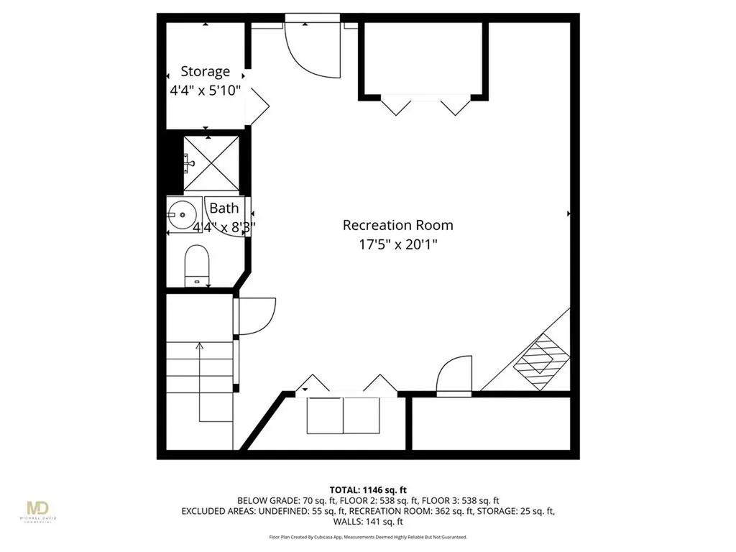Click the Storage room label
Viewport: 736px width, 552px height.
tap(205, 71)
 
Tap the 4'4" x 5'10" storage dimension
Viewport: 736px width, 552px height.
tap(205, 91)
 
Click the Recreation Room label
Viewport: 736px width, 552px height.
tap(397, 225)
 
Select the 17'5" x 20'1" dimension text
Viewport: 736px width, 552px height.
tap(397, 244)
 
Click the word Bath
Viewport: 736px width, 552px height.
tap(224, 208)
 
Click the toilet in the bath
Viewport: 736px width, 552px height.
tap(195, 264)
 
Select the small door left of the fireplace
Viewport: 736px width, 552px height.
tap(454, 375)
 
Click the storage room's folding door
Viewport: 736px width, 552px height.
tap(258, 108)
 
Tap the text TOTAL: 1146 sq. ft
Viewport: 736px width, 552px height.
tap(368, 489)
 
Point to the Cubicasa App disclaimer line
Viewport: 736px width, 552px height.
tap(368, 537)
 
